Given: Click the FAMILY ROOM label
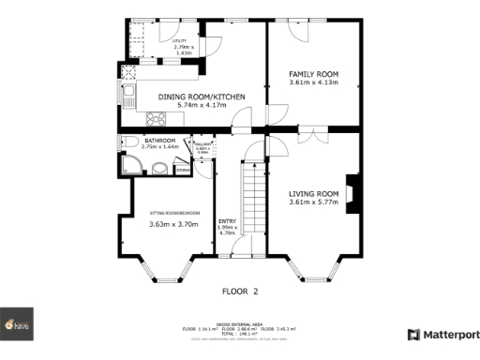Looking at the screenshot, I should [x=313, y=73].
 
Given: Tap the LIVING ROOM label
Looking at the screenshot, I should [x=313, y=193].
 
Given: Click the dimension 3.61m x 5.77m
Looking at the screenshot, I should [x=313, y=202].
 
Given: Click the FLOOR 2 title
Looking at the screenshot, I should [x=239, y=291].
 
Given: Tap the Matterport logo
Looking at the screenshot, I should [x=443, y=335].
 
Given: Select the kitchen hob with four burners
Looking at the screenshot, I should [x=155, y=118].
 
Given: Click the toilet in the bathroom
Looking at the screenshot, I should [x=125, y=142].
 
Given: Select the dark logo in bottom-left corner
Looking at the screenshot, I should [x=17, y=323].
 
